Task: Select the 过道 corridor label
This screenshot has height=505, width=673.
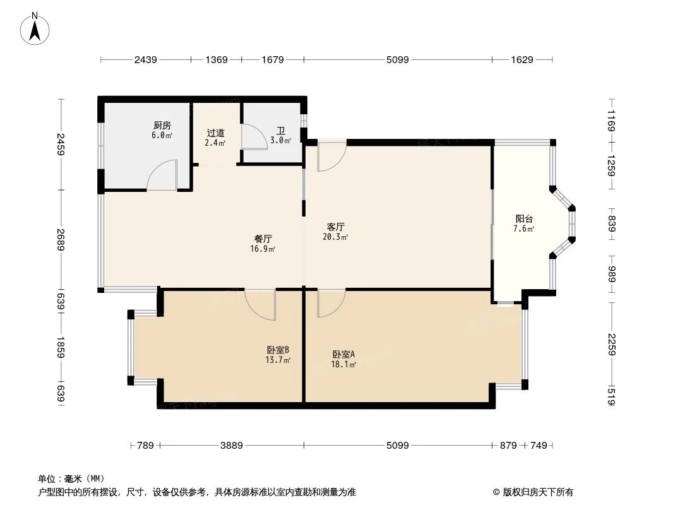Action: coord(216,133)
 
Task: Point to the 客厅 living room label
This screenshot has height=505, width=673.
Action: coord(335,227)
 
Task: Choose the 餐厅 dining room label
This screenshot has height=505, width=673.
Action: coord(263,239)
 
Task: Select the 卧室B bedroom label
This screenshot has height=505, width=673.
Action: coord(278,350)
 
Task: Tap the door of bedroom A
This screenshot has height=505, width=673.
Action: coord(330,303)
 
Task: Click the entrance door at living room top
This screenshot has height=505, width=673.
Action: coord(331,158)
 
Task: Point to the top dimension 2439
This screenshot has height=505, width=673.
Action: coord(145,60)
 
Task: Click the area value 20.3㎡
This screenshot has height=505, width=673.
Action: coord(335,237)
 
